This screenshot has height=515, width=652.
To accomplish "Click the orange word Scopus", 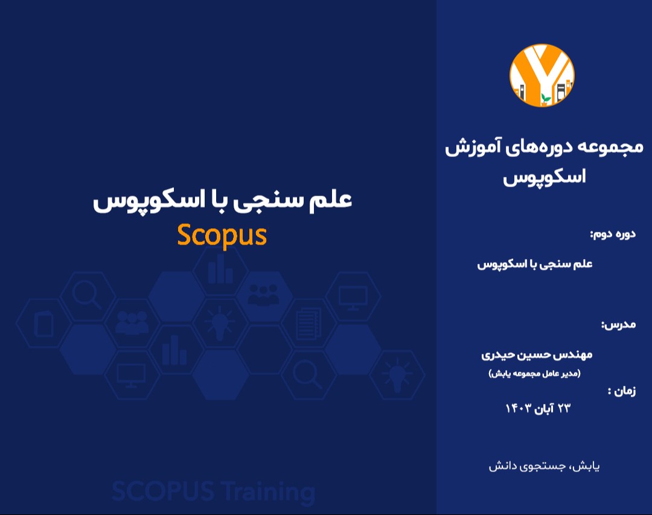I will pyautogui.click(x=222, y=235).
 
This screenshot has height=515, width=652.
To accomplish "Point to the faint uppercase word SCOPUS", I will pyautogui.click(x=162, y=492).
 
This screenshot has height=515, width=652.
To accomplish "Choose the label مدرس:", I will pyautogui.click(x=618, y=325).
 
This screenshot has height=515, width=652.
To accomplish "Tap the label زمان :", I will pyautogui.click(x=621, y=391).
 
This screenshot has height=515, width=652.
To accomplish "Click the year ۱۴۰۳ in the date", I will pyautogui.click(x=519, y=409).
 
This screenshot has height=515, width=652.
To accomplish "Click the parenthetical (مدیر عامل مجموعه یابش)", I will pyautogui.click(x=534, y=374).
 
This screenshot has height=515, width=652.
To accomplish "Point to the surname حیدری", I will pyautogui.click(x=496, y=354).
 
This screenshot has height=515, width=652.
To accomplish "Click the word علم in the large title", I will pyautogui.click(x=330, y=200).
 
